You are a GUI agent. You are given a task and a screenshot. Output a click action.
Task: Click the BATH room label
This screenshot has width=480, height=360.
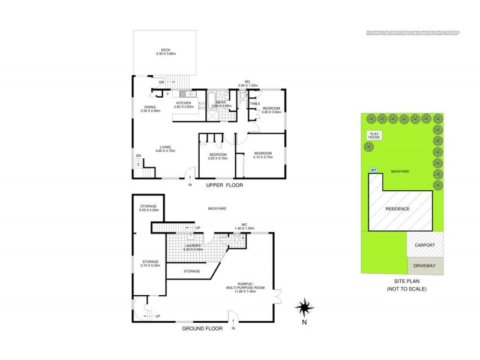[220, 104]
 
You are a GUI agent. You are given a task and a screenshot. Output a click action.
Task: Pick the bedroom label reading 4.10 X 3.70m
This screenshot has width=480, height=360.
[262, 155]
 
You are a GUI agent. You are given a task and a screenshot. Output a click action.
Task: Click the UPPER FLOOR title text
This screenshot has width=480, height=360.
[224, 185]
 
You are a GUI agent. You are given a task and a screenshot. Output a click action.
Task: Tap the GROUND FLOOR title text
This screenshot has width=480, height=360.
[202, 328]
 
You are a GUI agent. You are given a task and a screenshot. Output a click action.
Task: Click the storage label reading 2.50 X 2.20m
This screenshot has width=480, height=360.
[148, 208]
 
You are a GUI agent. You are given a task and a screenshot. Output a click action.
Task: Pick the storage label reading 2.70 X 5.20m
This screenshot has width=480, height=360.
[150, 263]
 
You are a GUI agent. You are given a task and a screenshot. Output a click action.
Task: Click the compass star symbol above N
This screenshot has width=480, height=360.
[305, 308]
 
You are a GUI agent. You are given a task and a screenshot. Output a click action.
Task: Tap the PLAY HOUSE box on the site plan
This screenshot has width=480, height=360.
[375, 136]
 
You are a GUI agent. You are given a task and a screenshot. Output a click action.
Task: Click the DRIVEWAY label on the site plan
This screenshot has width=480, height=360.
[425, 266]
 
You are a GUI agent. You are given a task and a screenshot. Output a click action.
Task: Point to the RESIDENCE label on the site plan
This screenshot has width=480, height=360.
[397, 209]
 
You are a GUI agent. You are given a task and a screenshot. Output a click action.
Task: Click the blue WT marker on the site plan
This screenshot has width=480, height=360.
[373, 170]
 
